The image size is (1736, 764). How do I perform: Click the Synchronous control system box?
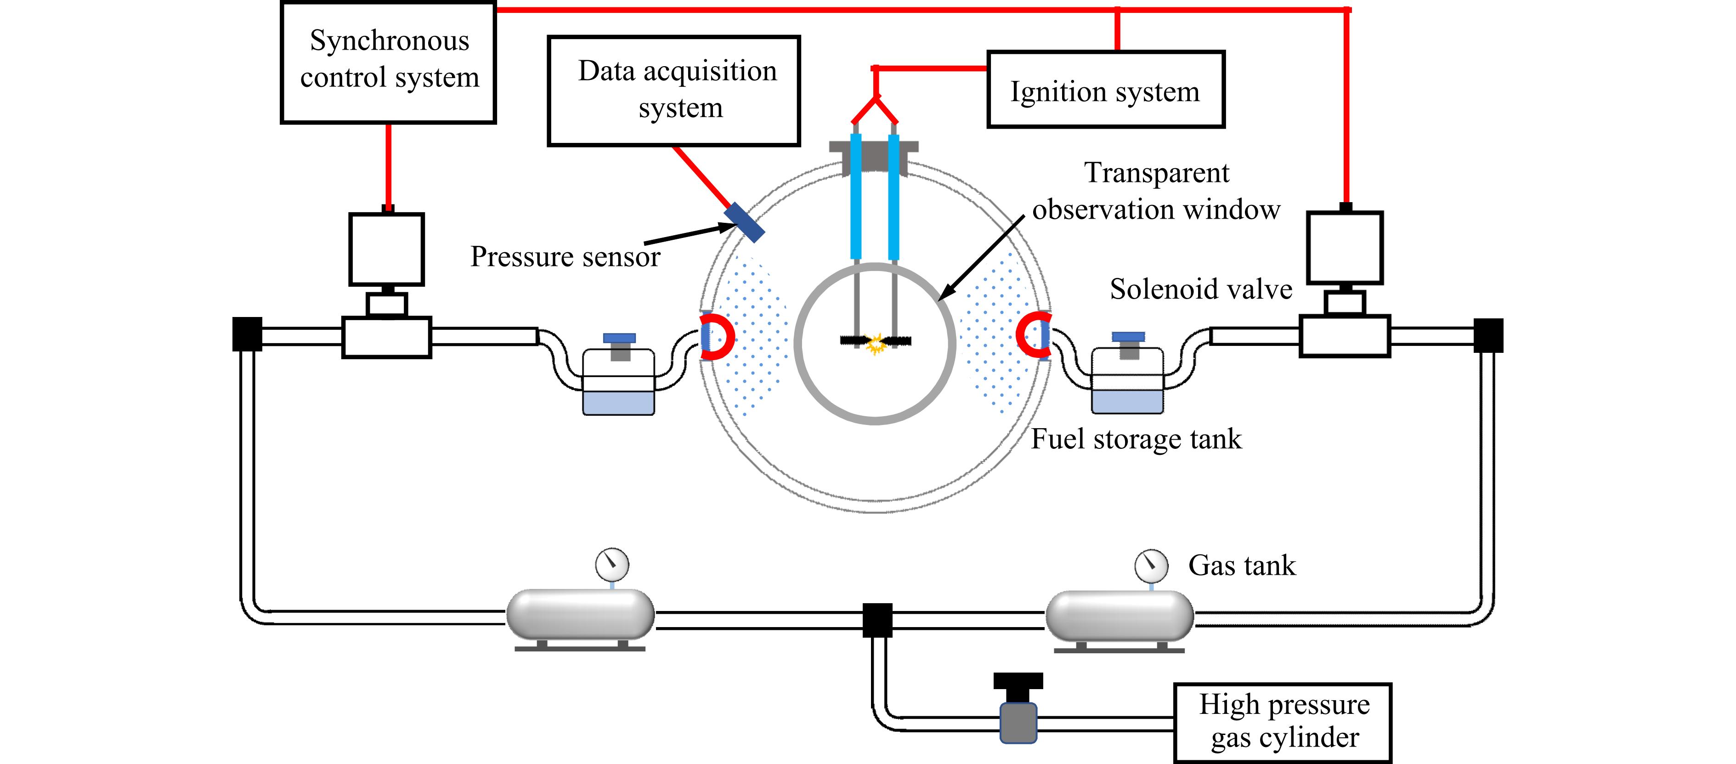pos(388,62)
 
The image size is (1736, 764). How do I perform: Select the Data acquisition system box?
pos(674,91)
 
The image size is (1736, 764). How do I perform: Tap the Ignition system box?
pos(1105,90)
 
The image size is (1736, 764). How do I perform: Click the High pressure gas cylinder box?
pos(1283,722)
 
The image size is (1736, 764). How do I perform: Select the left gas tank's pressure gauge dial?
pos(612,565)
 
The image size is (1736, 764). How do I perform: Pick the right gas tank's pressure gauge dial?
pos(1151,566)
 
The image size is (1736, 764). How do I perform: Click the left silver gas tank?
pos(580,614)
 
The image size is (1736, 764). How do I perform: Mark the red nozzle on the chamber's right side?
pos(1033,335)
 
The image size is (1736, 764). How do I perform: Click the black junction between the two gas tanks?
pos(877,620)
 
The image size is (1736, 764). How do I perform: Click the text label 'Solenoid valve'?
pos(1201,289)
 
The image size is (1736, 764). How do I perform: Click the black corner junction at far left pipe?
pos(247,334)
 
